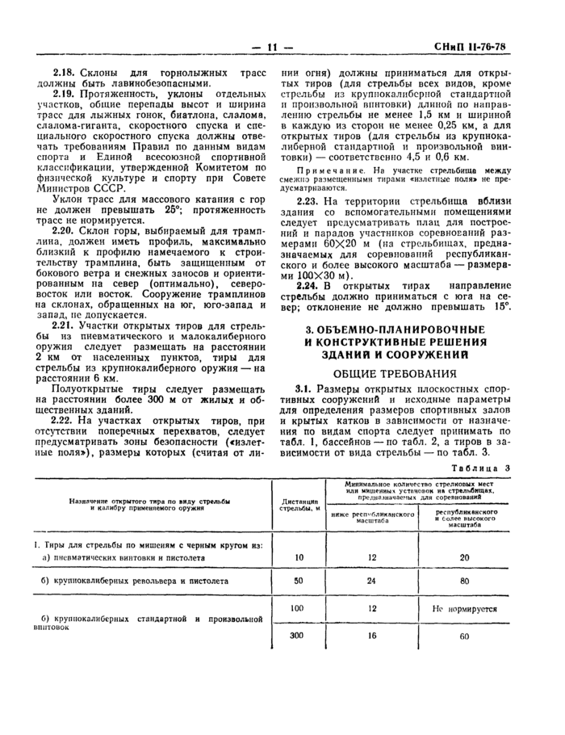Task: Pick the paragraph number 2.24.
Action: click(308, 286)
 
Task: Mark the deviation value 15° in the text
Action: click(502, 308)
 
